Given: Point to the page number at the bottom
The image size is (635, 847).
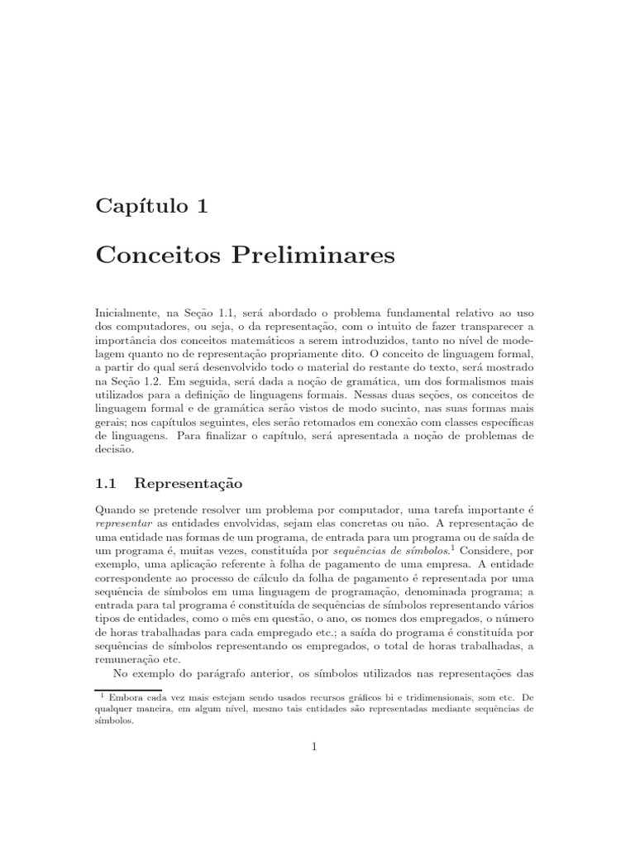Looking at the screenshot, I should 315,748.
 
